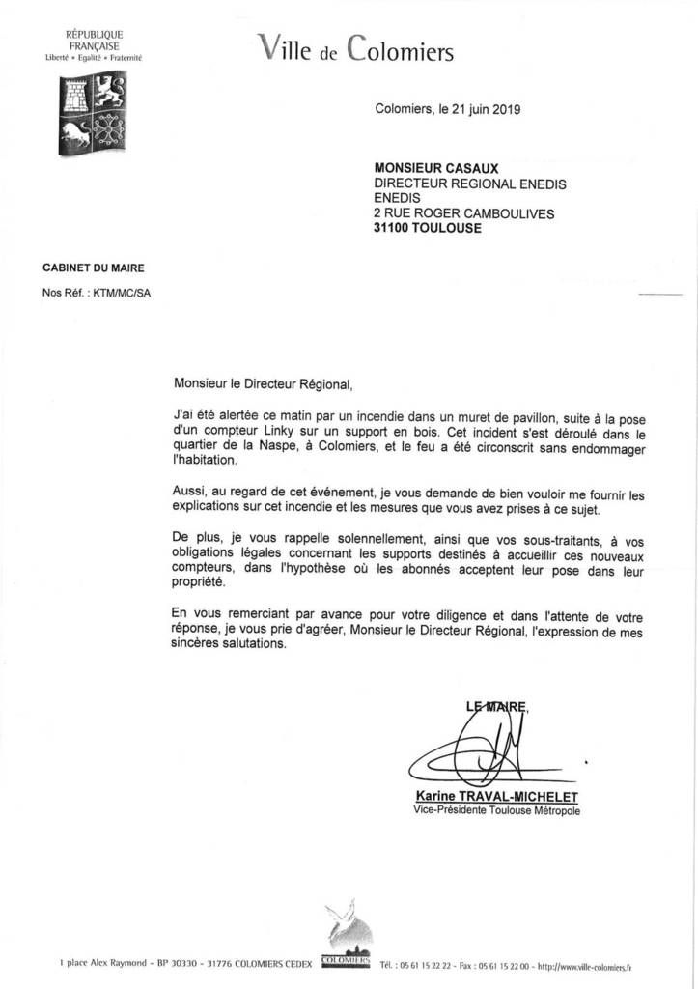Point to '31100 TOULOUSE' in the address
(427, 229)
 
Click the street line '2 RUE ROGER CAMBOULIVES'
(464, 214)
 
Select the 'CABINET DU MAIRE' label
(94, 268)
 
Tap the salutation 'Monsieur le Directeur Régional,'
(263, 383)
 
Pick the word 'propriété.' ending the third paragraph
(197, 583)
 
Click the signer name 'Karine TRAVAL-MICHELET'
(495, 796)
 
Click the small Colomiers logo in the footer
(346, 936)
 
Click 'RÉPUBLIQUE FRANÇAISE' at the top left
(94, 40)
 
